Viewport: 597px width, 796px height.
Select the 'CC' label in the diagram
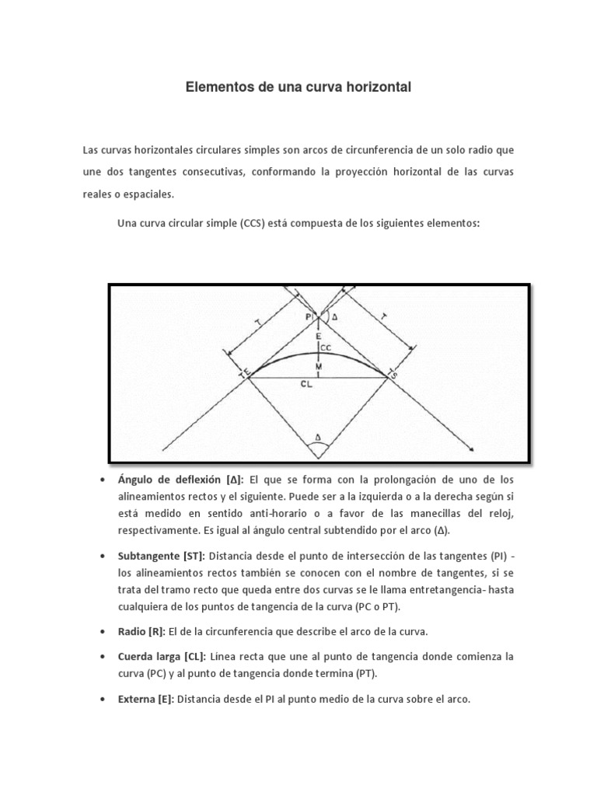click(x=326, y=347)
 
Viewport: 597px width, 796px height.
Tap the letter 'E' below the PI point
click(x=317, y=334)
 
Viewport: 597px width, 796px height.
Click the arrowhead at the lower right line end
click(x=471, y=448)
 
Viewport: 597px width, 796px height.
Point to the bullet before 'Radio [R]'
click(x=103, y=630)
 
